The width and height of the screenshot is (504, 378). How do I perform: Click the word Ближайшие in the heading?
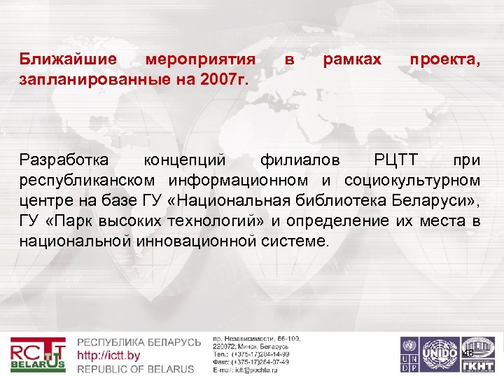coord(61,61)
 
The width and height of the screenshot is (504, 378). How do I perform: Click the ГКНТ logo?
coord(479,353)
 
